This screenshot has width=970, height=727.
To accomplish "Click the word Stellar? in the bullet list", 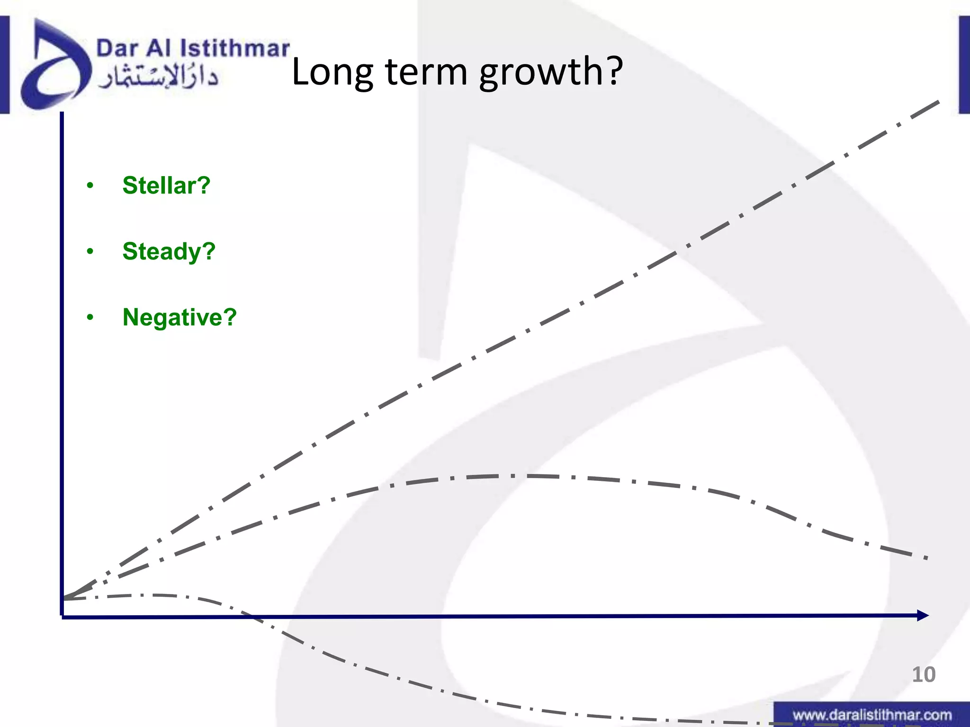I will coord(166,185).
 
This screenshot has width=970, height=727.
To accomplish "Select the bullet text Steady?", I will coord(169,251).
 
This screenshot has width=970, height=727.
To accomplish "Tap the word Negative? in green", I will coord(180,317).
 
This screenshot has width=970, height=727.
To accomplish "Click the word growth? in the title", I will coord(551,72).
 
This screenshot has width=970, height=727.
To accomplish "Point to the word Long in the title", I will coord(332,72).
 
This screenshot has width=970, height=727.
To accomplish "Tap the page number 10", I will coord(923,674).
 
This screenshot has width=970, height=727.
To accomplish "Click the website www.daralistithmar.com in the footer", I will coord(872,715).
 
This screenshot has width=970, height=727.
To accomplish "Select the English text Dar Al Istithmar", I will coord(193,48).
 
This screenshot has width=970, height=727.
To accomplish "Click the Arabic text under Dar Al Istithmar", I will coord(158,77).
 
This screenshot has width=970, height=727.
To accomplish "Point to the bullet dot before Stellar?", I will coord(90,186).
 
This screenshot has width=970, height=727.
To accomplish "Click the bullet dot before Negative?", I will coord(90,318).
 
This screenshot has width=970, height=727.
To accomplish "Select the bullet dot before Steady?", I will coord(90,251).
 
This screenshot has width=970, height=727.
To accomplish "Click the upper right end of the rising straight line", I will coord(938,102).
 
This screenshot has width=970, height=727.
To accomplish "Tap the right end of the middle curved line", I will coord(925,558).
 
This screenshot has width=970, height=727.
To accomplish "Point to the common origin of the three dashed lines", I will coord(64,598).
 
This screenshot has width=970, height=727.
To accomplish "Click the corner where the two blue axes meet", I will coord(62,616).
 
